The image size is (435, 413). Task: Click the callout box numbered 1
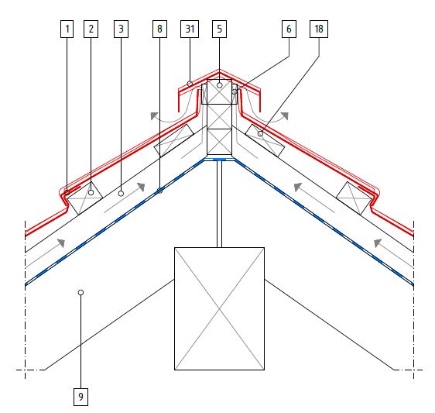tap(67, 29)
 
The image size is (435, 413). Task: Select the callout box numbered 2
tap(91, 29)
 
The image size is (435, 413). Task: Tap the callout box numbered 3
tap(121, 29)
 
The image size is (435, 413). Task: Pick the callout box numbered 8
tap(159, 29)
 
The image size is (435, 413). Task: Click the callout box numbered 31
tap(190, 29)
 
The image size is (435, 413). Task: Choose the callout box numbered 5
tap(220, 29)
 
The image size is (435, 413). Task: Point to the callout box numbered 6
tap(289, 29)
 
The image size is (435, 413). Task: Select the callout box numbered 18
tap(319, 29)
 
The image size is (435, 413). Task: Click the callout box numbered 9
tap(80, 397)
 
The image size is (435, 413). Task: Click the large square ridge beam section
tap(220, 308)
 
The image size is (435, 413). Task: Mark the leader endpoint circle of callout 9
tap(80, 292)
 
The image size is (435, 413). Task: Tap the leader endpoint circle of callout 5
tap(220, 85)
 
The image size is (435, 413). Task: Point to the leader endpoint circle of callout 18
tap(260, 134)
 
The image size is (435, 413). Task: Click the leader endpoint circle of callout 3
tap(121, 194)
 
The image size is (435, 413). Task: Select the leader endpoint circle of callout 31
tap(190, 84)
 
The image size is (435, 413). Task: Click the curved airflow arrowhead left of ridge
tap(154, 115)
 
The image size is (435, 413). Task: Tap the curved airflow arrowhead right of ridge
tap(285, 115)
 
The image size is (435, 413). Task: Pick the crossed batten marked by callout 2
tap(85, 198)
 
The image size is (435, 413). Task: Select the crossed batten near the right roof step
tap(354, 198)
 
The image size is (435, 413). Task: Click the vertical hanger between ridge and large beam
tap(220, 204)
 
